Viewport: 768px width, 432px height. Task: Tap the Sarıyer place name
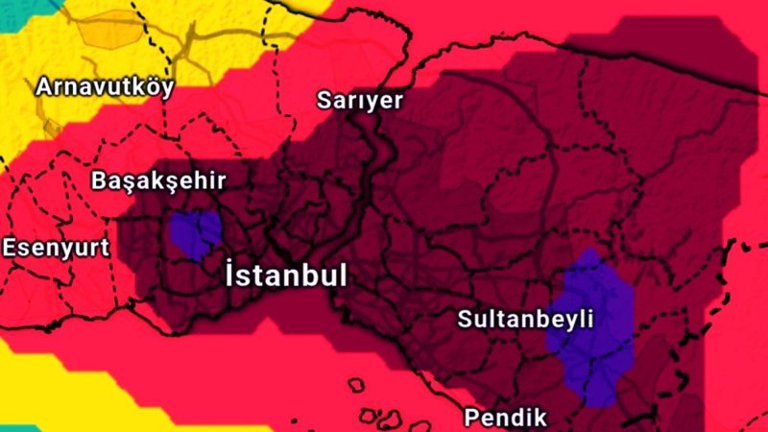click(360, 101)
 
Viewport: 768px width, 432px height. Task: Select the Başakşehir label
click(158, 180)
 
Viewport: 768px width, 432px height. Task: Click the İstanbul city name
click(285, 275)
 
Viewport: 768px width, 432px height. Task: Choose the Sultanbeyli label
click(526, 318)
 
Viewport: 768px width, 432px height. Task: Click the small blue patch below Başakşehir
click(195, 233)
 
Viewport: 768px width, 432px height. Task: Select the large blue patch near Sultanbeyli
click(595, 326)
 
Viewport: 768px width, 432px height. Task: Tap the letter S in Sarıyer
click(325, 100)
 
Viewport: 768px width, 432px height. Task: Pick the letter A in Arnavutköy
click(44, 87)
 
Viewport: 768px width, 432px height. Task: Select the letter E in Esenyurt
click(9, 248)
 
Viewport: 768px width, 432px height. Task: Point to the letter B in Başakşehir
click(99, 180)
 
